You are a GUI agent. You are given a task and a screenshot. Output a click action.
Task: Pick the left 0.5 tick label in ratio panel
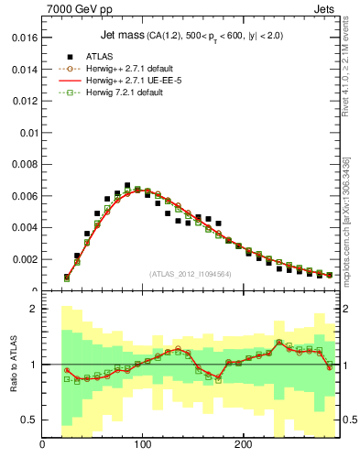point(27,420)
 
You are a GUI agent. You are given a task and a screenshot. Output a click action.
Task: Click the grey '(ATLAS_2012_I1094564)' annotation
point(190,273)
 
